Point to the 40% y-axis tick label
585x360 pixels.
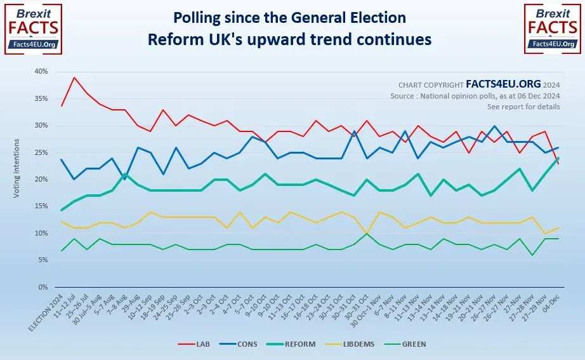click(40, 72)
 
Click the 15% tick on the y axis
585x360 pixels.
click(40, 206)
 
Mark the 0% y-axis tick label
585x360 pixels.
click(42, 287)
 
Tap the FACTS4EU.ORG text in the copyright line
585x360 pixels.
click(504, 84)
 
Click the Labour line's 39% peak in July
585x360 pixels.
click(75, 77)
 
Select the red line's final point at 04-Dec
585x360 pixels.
click(558, 164)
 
